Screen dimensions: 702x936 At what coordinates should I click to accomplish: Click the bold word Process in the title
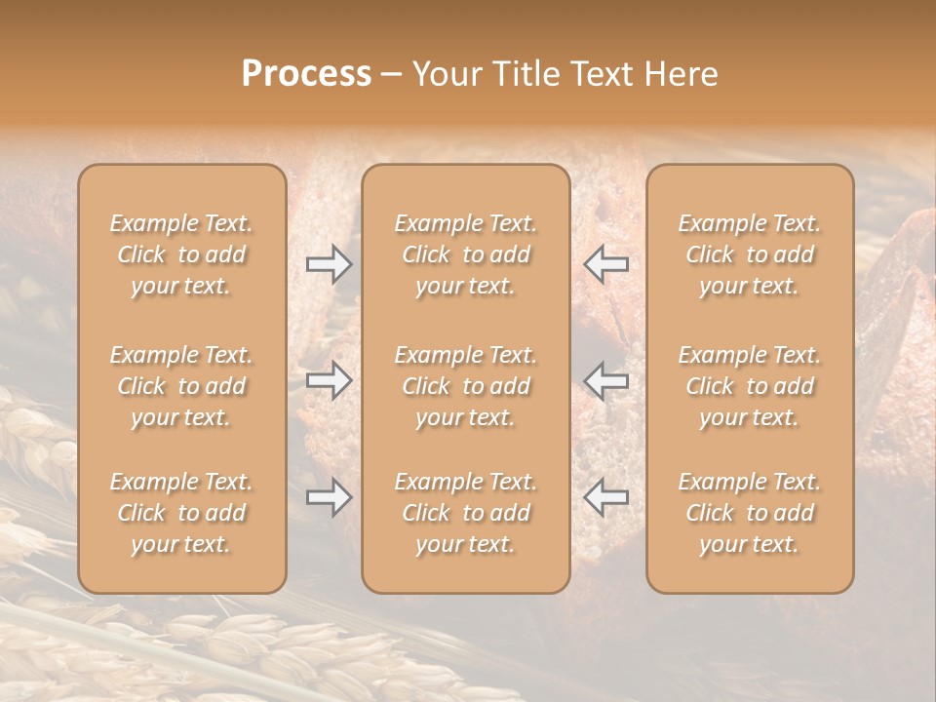pos(306,74)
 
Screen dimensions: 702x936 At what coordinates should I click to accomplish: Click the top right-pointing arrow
pos(329,263)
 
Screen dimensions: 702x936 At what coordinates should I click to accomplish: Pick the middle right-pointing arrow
pos(329,380)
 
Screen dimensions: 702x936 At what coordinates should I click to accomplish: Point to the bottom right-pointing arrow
pos(329,497)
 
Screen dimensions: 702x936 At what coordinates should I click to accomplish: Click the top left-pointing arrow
pos(605,263)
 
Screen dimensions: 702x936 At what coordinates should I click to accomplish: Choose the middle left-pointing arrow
pos(605,380)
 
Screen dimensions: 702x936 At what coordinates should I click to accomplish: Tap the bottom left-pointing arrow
pos(605,497)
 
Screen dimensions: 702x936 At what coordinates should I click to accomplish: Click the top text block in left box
pos(181,254)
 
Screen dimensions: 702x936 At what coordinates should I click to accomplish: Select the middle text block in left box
pos(181,386)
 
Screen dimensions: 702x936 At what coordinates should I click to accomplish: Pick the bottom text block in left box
pos(181,513)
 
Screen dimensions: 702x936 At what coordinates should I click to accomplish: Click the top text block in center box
pos(466,254)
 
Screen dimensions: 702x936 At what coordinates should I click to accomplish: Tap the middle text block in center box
pos(466,386)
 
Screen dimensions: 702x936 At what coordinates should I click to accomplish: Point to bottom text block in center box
pos(466,513)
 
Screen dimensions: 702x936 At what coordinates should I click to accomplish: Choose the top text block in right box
pos(750,254)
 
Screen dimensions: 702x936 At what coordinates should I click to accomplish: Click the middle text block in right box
pos(750,386)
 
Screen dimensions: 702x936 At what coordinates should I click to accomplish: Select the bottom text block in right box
pos(750,513)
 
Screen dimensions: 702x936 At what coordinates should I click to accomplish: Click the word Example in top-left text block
pos(153,224)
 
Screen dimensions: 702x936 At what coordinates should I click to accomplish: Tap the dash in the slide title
pos(392,75)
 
